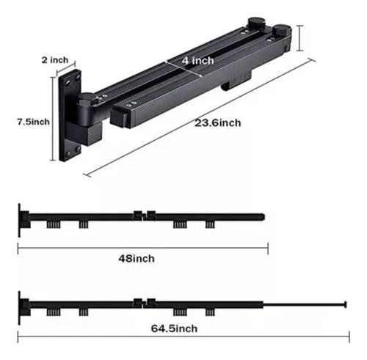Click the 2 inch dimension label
[55, 60]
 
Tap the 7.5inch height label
[33, 122]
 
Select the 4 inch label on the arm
[197, 61]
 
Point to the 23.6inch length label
[218, 122]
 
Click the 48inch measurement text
[137, 259]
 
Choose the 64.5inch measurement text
[174, 328]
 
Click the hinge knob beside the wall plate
[87, 99]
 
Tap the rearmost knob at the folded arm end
[256, 23]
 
